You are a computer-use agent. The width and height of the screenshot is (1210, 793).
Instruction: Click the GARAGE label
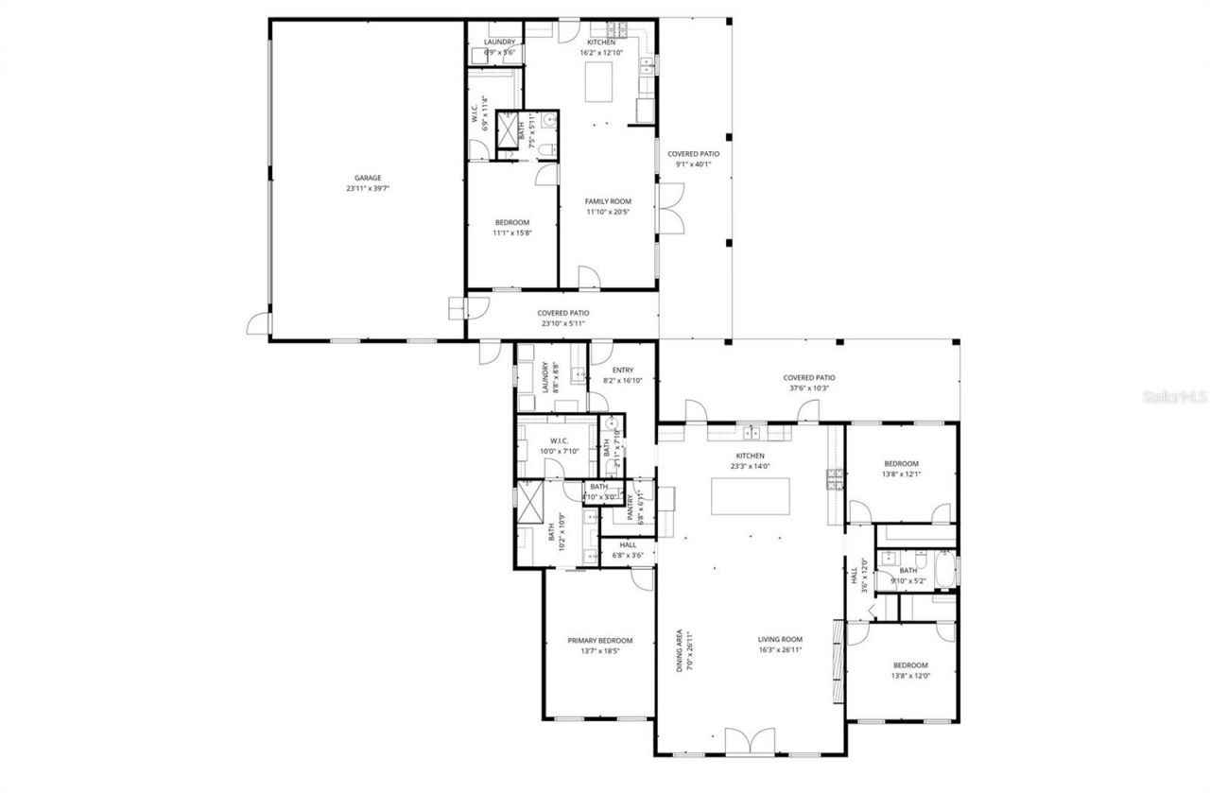(x=368, y=177)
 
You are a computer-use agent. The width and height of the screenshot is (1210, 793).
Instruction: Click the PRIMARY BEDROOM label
(x=599, y=640)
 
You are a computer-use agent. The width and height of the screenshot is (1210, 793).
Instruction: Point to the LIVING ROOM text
(x=780, y=639)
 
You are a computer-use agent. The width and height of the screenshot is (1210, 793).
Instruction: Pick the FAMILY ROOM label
(x=608, y=201)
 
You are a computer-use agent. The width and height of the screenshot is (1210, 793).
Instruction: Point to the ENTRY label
(x=623, y=371)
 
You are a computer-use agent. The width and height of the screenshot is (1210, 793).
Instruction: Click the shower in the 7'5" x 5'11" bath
(x=508, y=128)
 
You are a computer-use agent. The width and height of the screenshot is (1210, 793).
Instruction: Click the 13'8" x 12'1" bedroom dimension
(x=901, y=474)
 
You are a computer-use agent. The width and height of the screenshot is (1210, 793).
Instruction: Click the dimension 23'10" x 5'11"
(x=563, y=324)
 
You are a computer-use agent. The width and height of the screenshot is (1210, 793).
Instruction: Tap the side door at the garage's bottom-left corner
(x=257, y=324)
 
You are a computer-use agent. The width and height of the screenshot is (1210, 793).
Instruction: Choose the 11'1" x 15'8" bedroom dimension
(x=512, y=233)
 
